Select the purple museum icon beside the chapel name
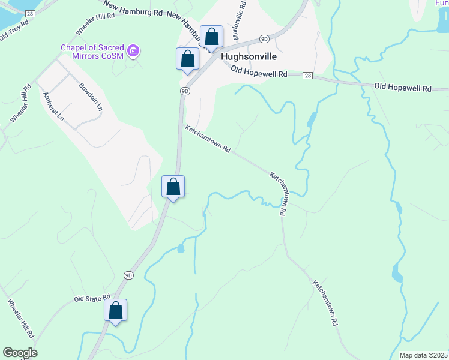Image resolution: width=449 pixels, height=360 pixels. (134, 50)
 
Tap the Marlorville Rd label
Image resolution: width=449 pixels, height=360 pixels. (239, 21)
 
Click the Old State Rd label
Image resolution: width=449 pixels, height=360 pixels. (92, 298)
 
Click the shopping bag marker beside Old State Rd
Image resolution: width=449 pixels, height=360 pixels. (116, 311)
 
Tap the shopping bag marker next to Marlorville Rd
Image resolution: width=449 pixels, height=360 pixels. (211, 37)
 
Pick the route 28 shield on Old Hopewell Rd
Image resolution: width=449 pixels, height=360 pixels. (307, 76)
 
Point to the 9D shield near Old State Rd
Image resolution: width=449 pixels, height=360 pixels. (129, 275)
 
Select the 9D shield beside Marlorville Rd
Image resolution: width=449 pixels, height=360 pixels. (264, 39)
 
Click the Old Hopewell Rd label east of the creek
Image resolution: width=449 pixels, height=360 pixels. (402, 88)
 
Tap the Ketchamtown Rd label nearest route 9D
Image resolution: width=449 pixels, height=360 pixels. (208, 139)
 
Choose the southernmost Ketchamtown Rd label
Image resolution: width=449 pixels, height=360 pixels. (325, 303)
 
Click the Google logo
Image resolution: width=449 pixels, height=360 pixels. (20, 353)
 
